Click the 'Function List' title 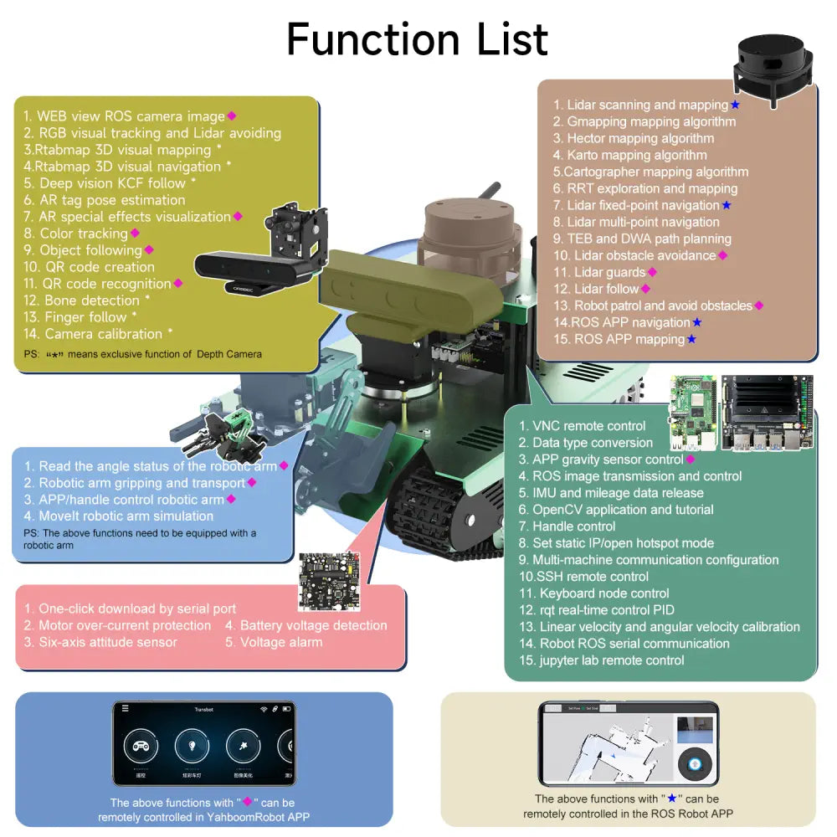(417, 39)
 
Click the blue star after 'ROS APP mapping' (691, 339)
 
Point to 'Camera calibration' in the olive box (103, 334)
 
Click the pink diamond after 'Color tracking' (135, 234)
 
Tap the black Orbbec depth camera (244, 265)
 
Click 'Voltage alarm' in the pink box (273, 642)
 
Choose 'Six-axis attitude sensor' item (107, 642)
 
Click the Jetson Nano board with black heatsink (765, 413)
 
